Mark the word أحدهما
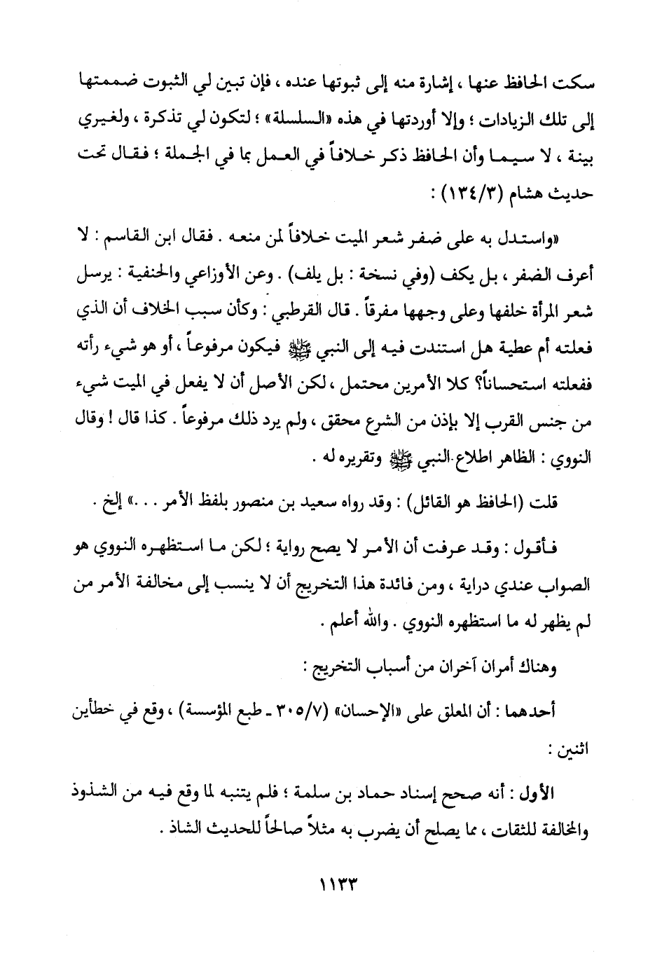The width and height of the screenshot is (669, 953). point(531,713)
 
